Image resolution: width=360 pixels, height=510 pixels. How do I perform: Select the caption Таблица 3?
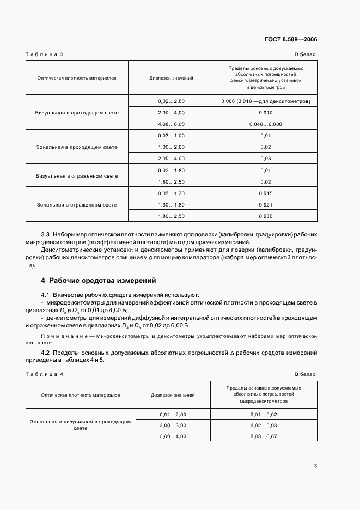click(x=45, y=54)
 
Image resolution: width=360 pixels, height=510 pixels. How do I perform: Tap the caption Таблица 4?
click(x=45, y=374)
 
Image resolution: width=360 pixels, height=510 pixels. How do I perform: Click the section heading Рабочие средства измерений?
click(x=102, y=281)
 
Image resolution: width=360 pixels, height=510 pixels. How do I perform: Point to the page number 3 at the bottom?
click(x=315, y=465)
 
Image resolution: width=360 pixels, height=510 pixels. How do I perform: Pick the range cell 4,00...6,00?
click(x=172, y=124)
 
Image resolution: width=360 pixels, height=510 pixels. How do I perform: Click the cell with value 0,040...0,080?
click(x=266, y=124)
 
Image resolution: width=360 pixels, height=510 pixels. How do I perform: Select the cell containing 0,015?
click(x=266, y=193)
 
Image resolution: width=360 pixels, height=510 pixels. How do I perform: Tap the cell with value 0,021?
click(x=266, y=205)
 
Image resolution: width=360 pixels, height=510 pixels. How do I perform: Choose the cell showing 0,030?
click(x=266, y=216)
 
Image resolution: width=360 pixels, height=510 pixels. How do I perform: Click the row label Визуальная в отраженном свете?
click(x=77, y=176)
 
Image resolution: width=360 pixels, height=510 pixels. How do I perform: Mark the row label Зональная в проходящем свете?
click(x=77, y=147)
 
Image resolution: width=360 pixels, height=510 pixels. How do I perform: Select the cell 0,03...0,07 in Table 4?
click(x=264, y=436)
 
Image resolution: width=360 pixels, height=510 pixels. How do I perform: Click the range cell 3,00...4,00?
click(x=173, y=436)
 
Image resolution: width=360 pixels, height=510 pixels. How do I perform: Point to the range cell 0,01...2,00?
click(x=173, y=415)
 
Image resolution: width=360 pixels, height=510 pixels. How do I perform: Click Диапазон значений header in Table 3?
click(x=172, y=78)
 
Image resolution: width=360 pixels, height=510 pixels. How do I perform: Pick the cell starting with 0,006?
click(x=266, y=101)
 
